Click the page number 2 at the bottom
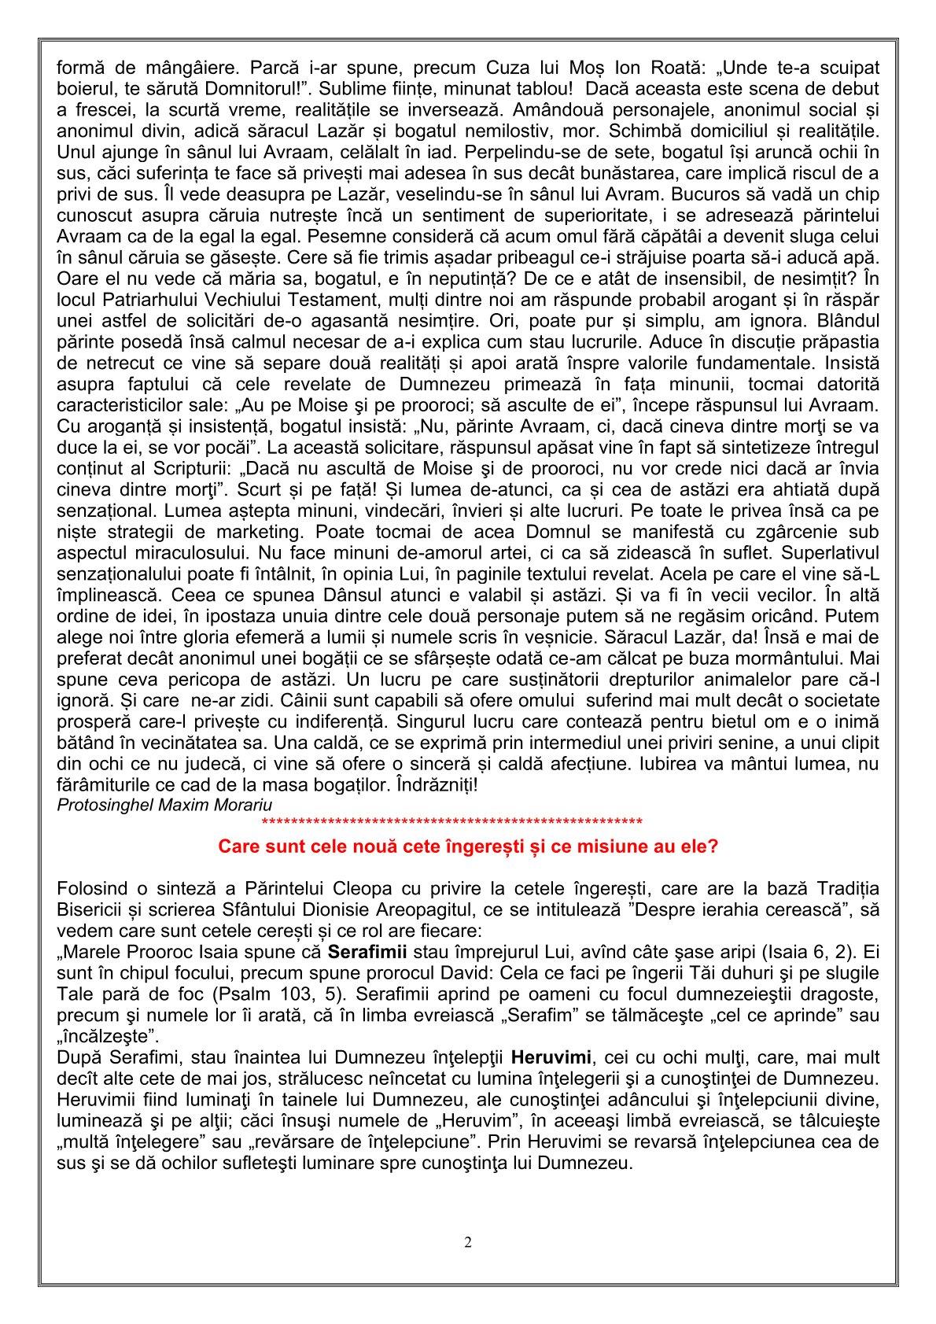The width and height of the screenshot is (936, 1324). [468, 1243]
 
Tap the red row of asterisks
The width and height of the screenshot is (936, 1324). [451, 823]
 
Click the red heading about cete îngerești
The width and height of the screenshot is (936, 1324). [467, 846]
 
